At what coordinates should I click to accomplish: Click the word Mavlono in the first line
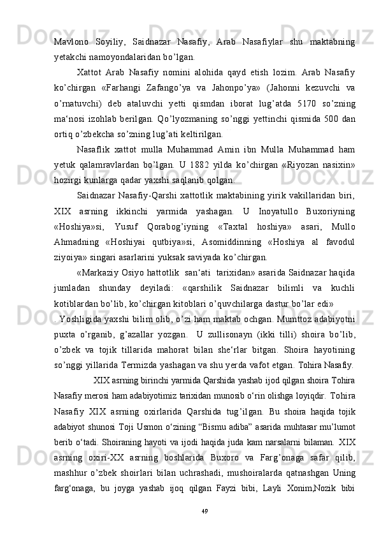click(x=69, y=42)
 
